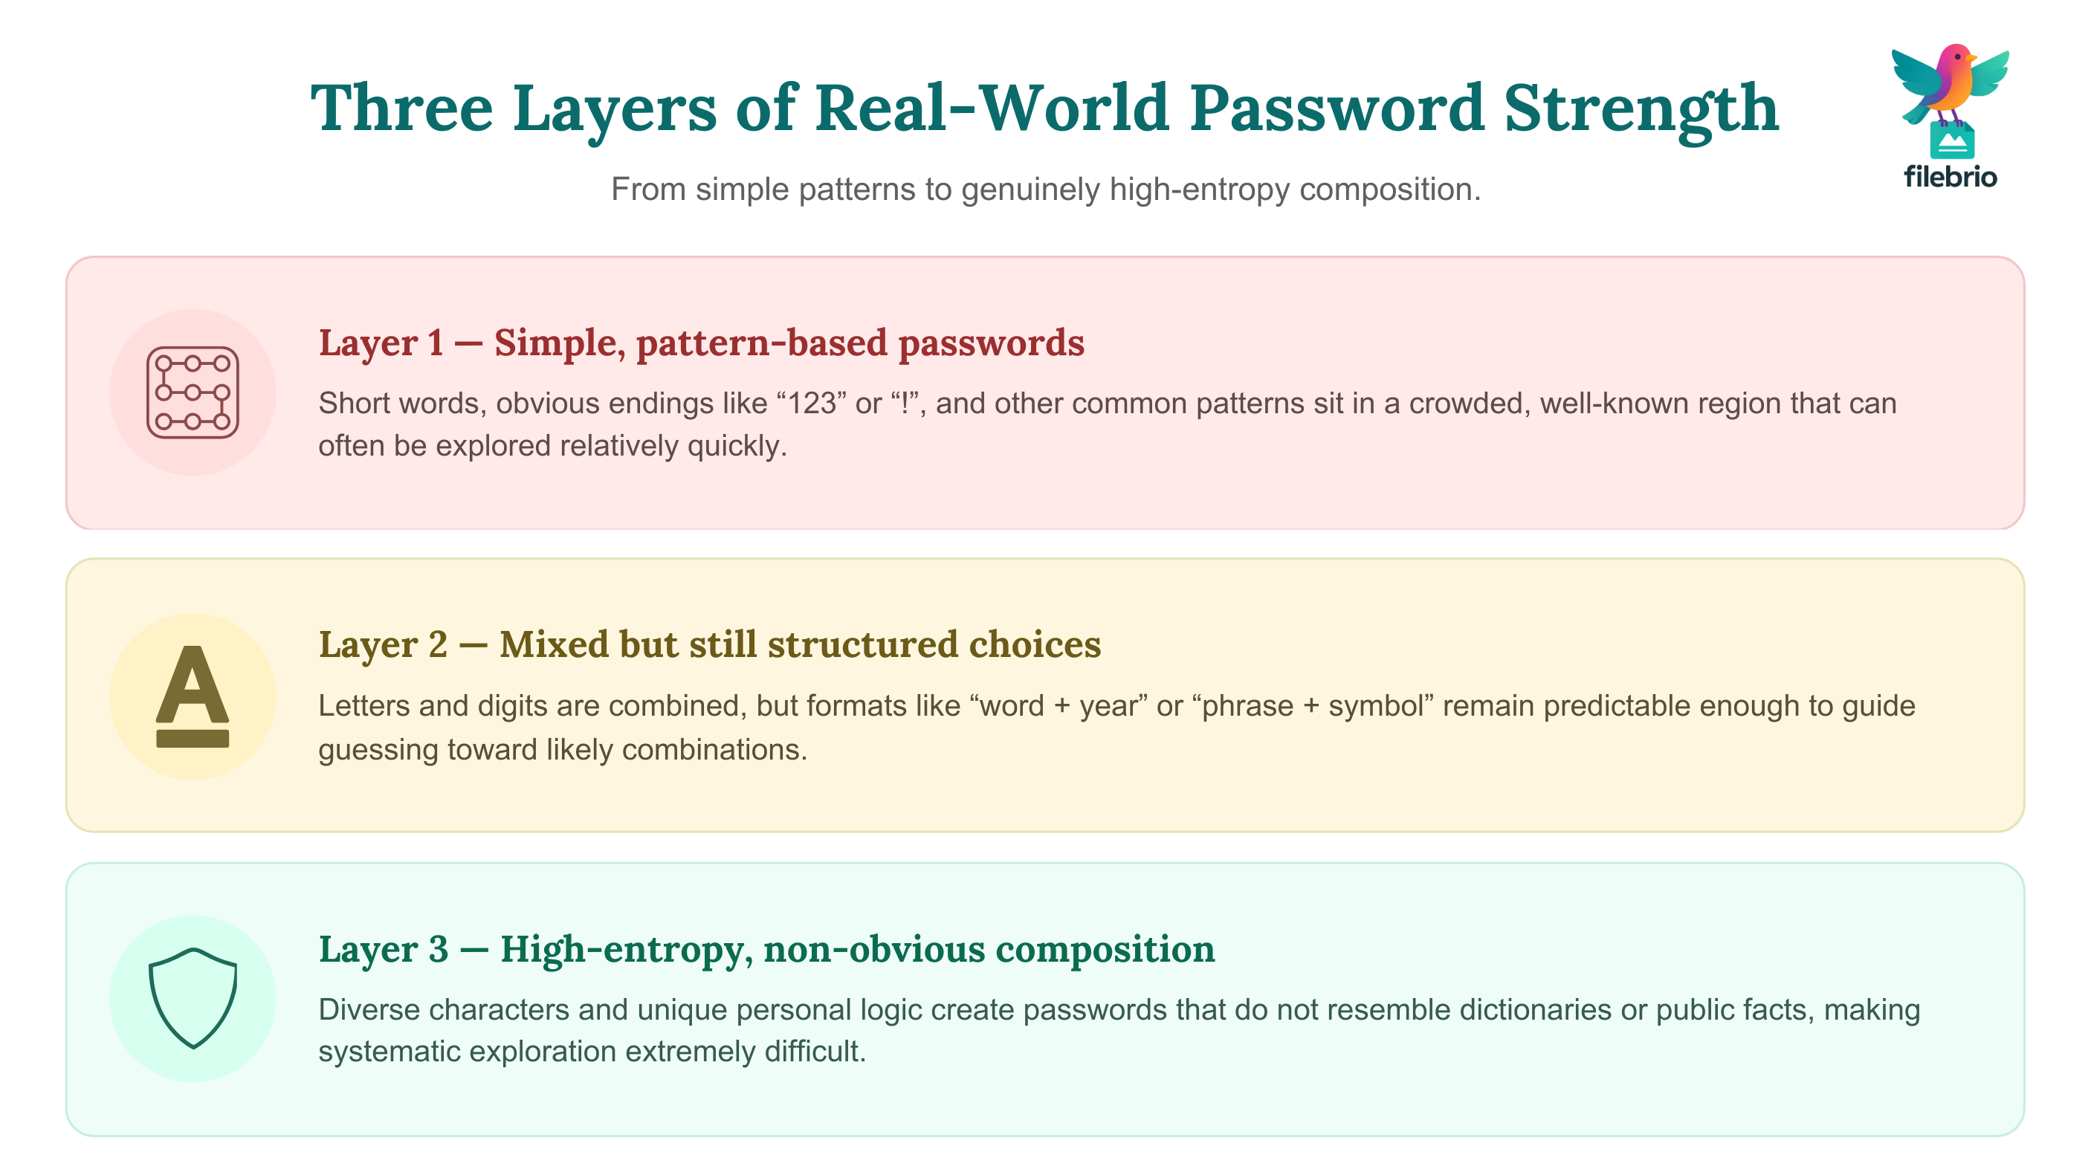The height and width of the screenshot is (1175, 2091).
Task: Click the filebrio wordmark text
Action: click(1950, 176)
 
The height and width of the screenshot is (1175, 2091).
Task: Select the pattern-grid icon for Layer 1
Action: click(193, 392)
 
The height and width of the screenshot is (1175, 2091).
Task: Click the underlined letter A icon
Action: click(193, 696)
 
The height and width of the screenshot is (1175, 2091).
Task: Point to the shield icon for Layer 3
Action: click(193, 998)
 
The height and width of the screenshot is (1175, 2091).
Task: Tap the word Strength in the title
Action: click(1641, 109)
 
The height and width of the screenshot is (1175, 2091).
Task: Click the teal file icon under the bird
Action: click(1951, 142)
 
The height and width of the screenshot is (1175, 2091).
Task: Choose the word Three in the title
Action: click(403, 108)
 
